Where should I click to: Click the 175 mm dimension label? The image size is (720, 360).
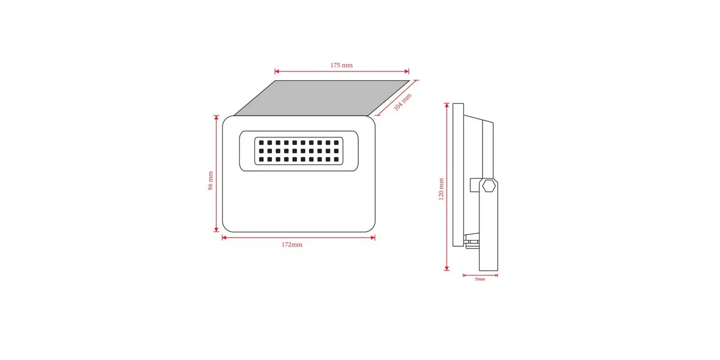coord(341,65)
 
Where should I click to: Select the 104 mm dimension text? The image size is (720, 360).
coord(402,102)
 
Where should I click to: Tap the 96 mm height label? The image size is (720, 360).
coord(211,181)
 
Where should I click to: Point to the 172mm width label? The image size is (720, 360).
coord(292,245)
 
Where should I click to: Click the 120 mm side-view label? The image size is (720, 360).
coord(441,189)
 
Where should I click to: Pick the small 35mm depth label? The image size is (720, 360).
coord(480,279)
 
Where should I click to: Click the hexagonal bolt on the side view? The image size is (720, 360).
coord(489,186)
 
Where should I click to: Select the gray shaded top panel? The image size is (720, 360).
coord(322,98)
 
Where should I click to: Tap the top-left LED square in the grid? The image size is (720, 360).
coord(261,143)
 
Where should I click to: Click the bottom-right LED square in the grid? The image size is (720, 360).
coord(336,159)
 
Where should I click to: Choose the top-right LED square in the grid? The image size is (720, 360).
coord(336,143)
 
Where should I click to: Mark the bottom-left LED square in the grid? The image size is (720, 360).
coord(261,159)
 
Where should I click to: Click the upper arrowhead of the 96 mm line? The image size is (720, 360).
coord(216,118)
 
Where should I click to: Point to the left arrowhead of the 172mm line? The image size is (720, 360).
coord(224,238)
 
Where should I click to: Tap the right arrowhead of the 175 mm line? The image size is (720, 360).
coord(407,71)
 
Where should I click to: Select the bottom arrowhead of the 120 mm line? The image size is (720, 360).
coord(447,268)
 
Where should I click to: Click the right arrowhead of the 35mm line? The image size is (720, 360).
coord(496,275)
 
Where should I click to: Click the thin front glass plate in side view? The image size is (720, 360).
coord(458,175)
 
